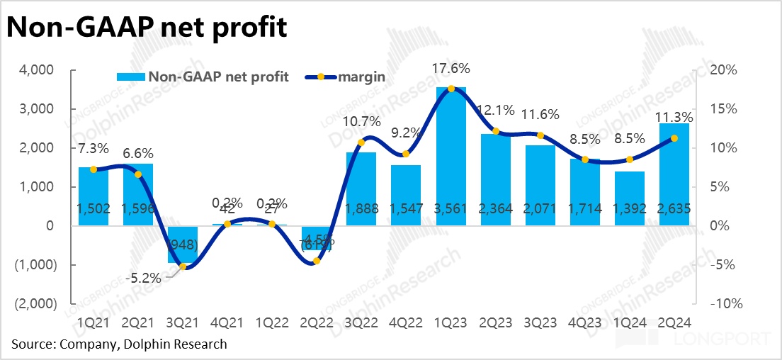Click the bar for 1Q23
[450, 156]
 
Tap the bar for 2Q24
[674, 174]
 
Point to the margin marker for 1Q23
[450, 89]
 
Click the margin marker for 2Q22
[317, 261]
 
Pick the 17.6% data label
[450, 69]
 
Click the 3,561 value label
[450, 208]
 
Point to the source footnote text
[120, 344]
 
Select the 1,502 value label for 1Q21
[93, 208]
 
